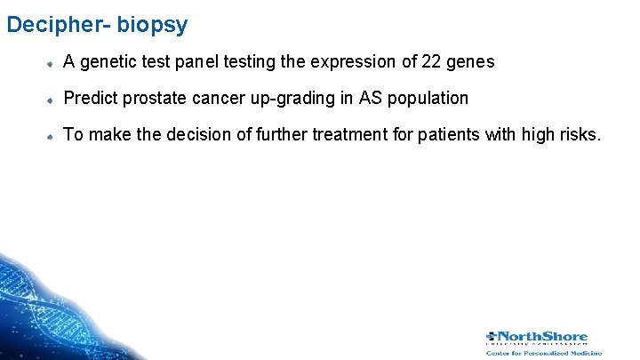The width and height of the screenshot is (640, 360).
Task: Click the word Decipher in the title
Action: pos(50,24)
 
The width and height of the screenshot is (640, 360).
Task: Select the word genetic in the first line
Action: pos(111,62)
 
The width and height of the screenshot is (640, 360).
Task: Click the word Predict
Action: pos(93,98)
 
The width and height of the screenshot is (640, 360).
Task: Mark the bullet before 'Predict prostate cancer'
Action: pos(52,100)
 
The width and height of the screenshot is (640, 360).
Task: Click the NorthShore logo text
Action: pos(541,337)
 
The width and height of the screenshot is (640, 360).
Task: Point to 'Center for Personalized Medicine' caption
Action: pos(543,353)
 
